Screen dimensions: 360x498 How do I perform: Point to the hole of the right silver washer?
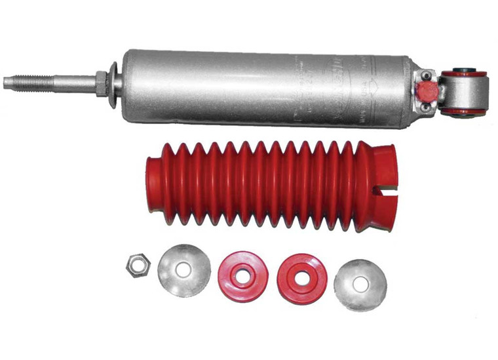click(360, 284)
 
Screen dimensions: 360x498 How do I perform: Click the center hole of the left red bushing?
click(242, 276)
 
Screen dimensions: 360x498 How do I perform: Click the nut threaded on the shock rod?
click(101, 84)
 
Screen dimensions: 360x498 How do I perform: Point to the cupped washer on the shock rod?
click(113, 85)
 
